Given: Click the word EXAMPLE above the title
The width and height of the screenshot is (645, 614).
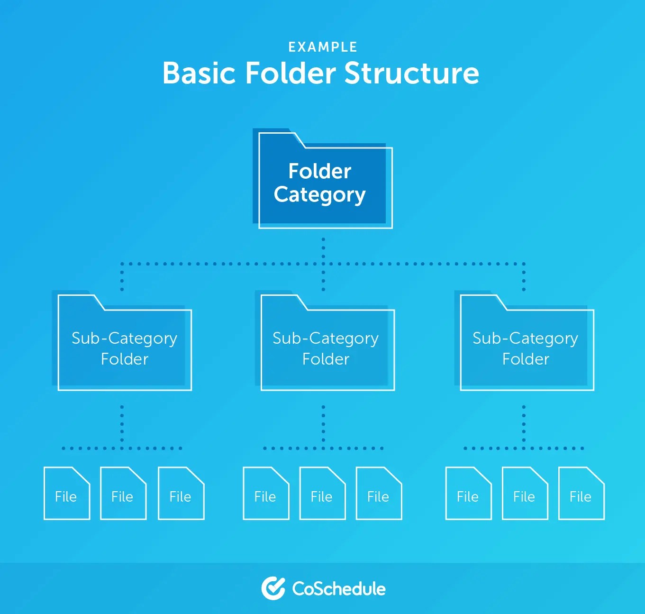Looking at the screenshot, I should tap(323, 47).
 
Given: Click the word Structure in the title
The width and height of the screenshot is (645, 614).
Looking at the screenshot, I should tap(411, 73).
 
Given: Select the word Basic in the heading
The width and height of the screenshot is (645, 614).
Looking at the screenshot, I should tap(199, 73).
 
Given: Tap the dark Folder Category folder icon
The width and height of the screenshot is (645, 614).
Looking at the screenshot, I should tap(323, 182).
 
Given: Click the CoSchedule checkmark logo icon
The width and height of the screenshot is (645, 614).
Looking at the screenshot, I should tap(273, 588).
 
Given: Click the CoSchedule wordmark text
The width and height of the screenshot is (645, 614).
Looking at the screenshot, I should tap(339, 589).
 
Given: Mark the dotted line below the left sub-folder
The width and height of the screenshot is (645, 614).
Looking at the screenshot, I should tap(122, 424).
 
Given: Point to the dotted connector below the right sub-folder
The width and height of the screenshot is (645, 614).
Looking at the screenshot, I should tap(524, 424).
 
